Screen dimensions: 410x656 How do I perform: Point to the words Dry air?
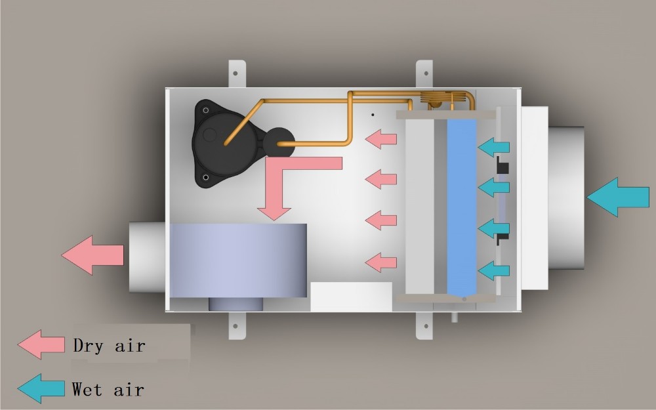click(109, 346)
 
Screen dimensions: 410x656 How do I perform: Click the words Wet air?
click(108, 390)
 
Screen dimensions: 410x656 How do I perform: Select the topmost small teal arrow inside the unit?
click(493, 147)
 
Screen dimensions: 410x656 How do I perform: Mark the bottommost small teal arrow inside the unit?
click(493, 270)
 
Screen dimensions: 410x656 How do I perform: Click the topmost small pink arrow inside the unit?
click(381, 139)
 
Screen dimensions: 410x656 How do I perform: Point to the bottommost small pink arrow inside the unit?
click(381, 262)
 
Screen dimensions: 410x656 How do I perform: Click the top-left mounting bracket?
click(237, 74)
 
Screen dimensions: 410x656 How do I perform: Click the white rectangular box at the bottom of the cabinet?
click(350, 297)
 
